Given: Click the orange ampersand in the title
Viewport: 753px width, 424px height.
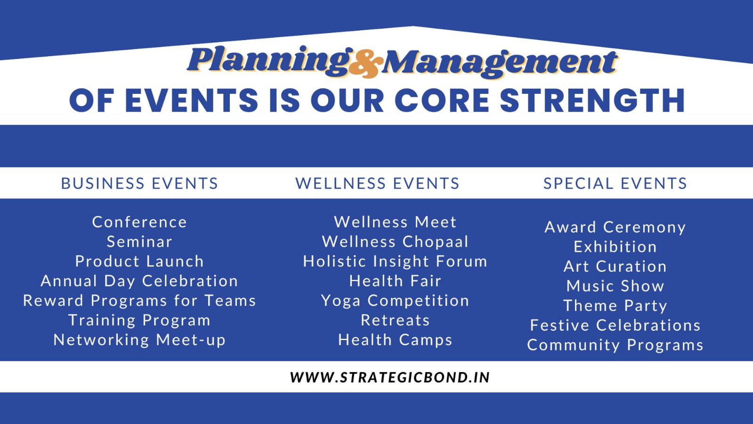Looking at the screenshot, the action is [366, 64].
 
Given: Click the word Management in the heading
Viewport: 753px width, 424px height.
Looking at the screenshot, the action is [500, 63].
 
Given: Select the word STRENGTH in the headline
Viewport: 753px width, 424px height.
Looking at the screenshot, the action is [592, 100].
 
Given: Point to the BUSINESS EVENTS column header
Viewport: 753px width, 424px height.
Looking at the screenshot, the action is [139, 183].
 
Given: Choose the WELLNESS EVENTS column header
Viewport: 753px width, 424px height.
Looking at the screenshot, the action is [378, 183].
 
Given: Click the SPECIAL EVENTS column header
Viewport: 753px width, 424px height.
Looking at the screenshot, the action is [615, 183].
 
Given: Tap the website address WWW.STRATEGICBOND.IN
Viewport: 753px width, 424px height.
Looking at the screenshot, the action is [390, 377].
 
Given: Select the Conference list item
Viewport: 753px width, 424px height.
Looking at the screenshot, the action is [139, 222].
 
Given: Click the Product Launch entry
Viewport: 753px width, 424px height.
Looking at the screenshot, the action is [139, 261].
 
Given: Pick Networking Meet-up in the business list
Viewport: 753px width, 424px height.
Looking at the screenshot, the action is [139, 340].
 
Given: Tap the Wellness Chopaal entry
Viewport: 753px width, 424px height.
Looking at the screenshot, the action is [395, 242].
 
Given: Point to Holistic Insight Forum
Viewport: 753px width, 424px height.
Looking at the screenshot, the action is [395, 261].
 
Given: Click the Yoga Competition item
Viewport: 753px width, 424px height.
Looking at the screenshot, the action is [395, 301].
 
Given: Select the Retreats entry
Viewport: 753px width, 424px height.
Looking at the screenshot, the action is [395, 320].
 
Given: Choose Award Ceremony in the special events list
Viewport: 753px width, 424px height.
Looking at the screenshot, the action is [615, 227].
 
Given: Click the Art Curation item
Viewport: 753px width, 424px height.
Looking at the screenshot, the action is [615, 266].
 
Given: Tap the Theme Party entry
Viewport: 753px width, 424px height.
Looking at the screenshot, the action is [615, 306].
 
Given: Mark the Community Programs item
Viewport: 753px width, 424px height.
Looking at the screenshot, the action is [615, 345].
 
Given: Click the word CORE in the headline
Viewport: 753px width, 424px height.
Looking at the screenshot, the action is [442, 100].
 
